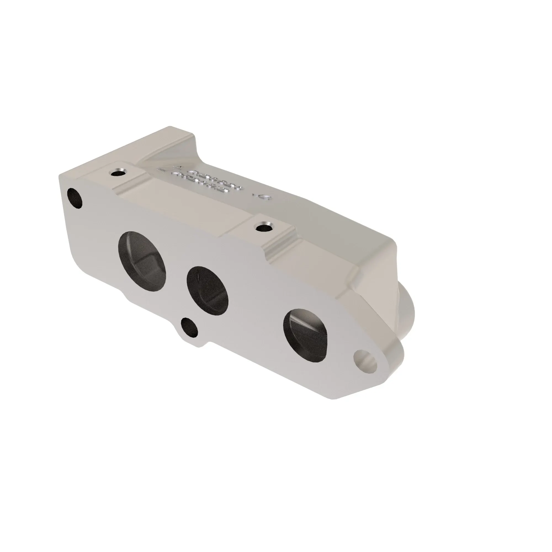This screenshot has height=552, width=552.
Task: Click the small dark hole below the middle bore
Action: pyautogui.click(x=189, y=328)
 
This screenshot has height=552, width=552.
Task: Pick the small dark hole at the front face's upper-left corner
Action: pyautogui.click(x=75, y=198)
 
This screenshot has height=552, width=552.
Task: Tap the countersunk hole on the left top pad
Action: pyautogui.click(x=118, y=173)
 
